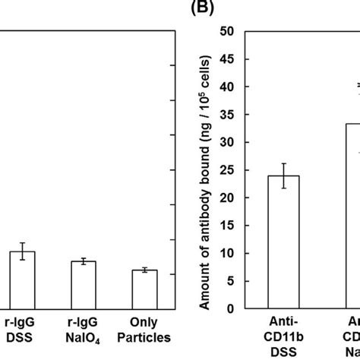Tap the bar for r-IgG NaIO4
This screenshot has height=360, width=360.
pos(84,284)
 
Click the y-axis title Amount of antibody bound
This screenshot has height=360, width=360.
pos(204,170)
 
